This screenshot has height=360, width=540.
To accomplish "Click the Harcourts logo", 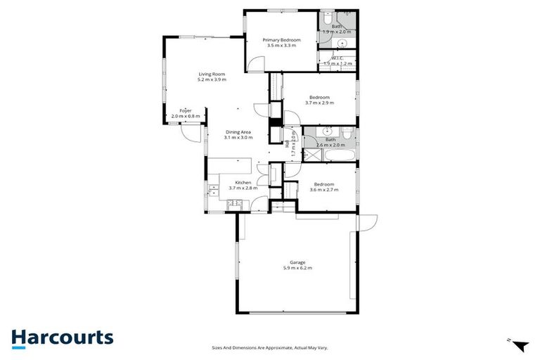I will tap(62, 337).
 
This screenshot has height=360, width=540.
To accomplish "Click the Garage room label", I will tap(297, 263).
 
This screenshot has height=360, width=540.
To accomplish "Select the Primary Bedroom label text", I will tap(282, 40).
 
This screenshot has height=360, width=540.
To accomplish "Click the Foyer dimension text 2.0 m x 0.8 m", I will tap(186, 116).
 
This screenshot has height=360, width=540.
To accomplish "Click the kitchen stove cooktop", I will tap(234, 205).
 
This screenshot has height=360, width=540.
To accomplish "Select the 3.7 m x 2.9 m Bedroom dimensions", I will tap(319, 103).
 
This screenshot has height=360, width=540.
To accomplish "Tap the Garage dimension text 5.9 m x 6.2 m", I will tap(297, 268).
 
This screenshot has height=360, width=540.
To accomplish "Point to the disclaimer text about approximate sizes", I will tap(270, 347).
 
